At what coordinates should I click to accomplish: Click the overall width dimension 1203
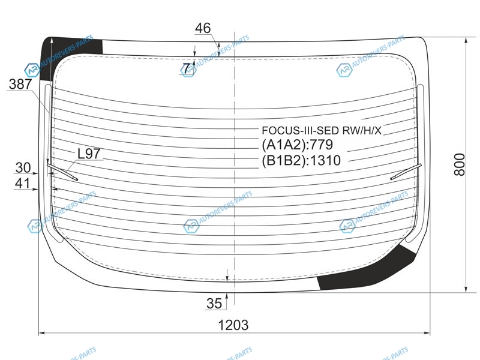pyautogui.click(x=233, y=325)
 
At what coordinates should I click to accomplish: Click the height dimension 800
pyautogui.click(x=459, y=164)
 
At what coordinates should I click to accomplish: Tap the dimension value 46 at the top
pyautogui.click(x=203, y=28)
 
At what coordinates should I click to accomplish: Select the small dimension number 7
pyautogui.click(x=187, y=68)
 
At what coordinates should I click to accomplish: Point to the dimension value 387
pyautogui.click(x=20, y=84)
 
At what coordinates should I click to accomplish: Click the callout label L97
pyautogui.click(x=89, y=154)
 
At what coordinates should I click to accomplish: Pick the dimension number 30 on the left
pyautogui.click(x=23, y=168)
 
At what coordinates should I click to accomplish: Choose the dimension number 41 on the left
pyautogui.click(x=22, y=184)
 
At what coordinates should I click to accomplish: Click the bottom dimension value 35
pyautogui.click(x=214, y=304)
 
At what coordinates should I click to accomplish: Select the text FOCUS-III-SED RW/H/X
pyautogui.click(x=322, y=130)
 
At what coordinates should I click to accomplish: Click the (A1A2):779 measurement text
pyautogui.click(x=297, y=145)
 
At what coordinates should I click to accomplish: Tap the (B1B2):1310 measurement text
pyautogui.click(x=301, y=160)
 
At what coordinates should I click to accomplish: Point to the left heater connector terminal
pyautogui.click(x=62, y=172)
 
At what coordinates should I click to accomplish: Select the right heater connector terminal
pyautogui.click(x=406, y=172)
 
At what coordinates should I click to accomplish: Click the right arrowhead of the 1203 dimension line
pyautogui.click(x=427, y=333)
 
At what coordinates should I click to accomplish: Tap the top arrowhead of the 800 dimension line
pyautogui.click(x=466, y=40)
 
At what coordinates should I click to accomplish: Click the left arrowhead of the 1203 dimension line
pyautogui.click(x=42, y=333)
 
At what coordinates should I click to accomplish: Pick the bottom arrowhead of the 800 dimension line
pyautogui.click(x=466, y=289)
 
